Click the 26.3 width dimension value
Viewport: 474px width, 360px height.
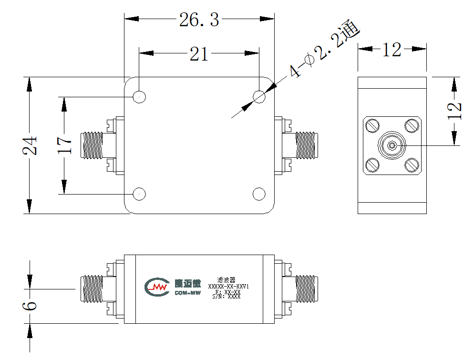[199, 20]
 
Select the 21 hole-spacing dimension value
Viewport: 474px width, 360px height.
[199, 54]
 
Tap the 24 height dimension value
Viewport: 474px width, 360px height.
[30, 146]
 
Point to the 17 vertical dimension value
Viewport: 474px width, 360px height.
[64, 145]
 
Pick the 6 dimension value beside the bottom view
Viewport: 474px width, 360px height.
[30, 306]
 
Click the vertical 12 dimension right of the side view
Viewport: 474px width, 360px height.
[454, 111]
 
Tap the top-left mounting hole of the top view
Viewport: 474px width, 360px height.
[139, 97]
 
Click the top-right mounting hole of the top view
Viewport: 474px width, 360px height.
[259, 97]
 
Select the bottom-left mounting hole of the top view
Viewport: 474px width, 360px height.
[139, 194]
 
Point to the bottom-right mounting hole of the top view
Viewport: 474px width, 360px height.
[259, 194]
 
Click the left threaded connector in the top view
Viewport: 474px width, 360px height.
[92, 145]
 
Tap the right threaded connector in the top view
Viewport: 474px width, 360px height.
[307, 145]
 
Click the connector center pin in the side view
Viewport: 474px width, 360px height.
[392, 146]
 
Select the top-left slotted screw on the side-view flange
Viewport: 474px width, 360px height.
[372, 126]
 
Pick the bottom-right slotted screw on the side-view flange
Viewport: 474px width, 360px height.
[412, 165]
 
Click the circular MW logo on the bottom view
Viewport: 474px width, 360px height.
[157, 287]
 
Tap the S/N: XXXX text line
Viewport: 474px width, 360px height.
[227, 297]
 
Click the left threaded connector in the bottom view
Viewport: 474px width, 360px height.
[92, 289]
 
